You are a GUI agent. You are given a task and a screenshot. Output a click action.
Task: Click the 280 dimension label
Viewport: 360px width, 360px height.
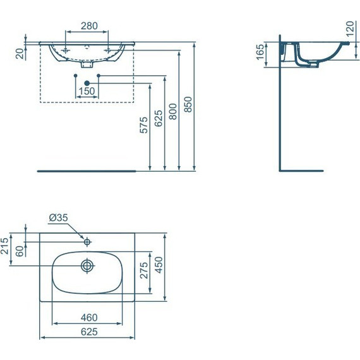coord(89,26)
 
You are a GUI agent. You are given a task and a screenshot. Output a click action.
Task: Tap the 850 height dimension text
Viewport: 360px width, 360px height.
coord(188,104)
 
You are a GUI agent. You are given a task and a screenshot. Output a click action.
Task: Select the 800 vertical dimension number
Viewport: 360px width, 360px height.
coord(173,112)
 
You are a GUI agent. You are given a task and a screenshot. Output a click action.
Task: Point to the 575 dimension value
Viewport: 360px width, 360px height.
coord(144,125)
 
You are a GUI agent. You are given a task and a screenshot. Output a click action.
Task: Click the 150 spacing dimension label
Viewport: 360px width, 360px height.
coord(87,91)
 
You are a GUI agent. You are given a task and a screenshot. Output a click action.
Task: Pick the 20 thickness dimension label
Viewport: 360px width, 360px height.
coord(20,54)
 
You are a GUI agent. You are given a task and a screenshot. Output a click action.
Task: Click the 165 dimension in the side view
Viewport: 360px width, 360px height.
coord(260,52)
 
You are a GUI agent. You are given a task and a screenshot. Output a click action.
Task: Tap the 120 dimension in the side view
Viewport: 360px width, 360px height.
coord(350,29)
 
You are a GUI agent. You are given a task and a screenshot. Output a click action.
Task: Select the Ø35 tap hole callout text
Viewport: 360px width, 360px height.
coord(58,217)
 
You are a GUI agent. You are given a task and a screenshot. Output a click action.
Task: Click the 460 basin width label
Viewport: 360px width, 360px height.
coord(89,318)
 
